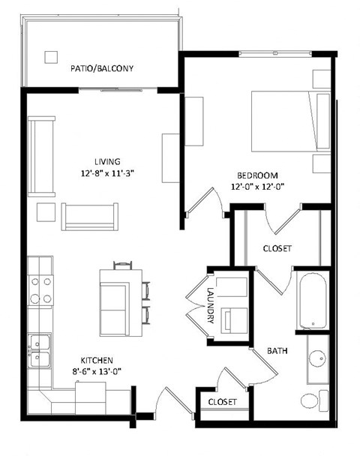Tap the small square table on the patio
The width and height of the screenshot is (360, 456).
click(51, 57)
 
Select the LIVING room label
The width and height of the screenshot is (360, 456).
click(108, 161)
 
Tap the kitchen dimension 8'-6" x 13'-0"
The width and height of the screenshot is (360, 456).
click(85, 370)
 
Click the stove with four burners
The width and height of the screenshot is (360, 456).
click(40, 290)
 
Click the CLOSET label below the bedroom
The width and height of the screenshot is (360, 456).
click(277, 248)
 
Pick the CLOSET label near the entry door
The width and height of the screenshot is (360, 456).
click(223, 403)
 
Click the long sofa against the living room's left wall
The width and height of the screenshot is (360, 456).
click(40, 154)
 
